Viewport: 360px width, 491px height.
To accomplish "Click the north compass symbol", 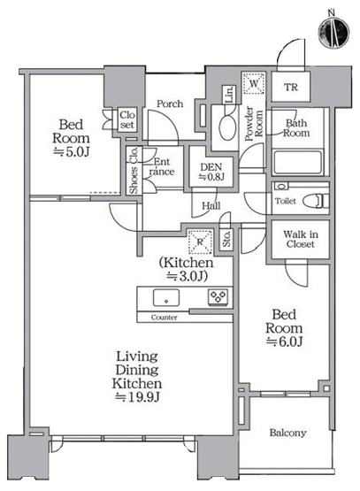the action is (x=333, y=32).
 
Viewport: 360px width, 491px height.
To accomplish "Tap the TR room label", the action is (x=291, y=87).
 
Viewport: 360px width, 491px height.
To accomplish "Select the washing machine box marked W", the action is (x=254, y=83).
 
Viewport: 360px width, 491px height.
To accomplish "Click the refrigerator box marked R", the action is (x=200, y=242).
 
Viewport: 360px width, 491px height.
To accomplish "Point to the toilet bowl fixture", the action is (x=317, y=201).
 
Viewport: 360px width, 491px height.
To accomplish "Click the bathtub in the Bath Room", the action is (x=297, y=163).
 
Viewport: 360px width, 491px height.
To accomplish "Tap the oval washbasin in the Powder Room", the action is (x=227, y=127).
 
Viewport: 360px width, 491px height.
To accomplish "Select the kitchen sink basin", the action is (x=166, y=297).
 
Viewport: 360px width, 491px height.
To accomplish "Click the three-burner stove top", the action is (x=218, y=297).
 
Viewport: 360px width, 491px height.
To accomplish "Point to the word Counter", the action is (x=164, y=318).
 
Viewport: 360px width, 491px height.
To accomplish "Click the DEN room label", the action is (x=211, y=167).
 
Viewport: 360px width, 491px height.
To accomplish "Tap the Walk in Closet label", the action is (x=301, y=239).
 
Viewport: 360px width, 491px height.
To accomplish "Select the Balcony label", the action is (x=287, y=433).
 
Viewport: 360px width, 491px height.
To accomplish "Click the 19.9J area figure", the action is (x=138, y=397).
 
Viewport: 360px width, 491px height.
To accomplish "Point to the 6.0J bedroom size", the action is (x=285, y=341).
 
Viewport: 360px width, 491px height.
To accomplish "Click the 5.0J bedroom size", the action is (x=72, y=152).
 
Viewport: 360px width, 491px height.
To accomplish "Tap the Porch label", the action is (x=170, y=104).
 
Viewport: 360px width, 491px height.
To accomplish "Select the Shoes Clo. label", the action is (x=134, y=170).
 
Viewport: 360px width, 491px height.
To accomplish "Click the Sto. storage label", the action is (x=227, y=239).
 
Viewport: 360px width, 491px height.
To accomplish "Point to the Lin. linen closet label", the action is (x=229, y=95).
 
